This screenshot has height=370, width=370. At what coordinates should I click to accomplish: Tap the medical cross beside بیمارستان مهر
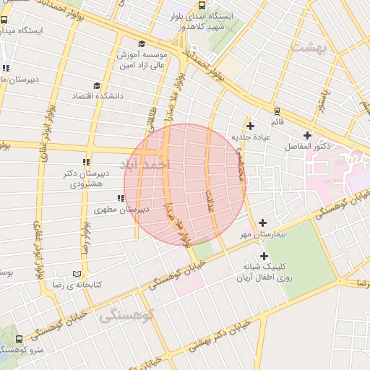click(262, 223)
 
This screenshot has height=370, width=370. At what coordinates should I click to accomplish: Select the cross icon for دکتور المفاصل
click(307, 135)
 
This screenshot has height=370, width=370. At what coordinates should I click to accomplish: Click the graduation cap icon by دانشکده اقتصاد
click(98, 85)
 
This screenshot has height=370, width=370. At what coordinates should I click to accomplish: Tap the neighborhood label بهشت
click(310, 46)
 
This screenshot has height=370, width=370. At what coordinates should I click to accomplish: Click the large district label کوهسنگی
click(128, 315)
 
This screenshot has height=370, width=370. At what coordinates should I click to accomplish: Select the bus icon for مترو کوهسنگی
click(18, 337)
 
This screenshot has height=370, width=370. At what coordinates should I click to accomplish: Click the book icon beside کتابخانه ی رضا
click(77, 275)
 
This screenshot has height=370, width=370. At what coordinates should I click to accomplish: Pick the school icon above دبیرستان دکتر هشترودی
click(87, 162)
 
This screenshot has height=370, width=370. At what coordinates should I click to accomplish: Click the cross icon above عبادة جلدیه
click(250, 125)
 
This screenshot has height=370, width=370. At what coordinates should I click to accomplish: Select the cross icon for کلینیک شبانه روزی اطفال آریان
click(264, 256)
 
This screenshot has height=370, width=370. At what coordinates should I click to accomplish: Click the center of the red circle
click(185, 184)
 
